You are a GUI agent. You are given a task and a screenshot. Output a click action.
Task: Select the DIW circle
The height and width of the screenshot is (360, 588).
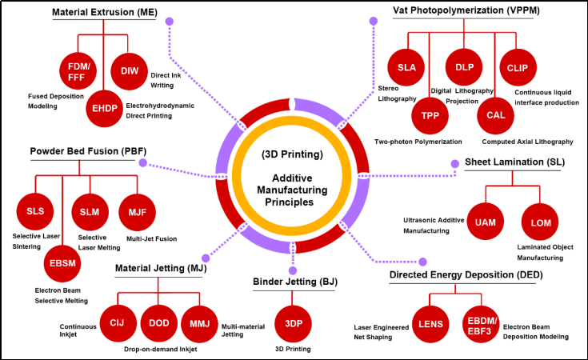tap(130, 71)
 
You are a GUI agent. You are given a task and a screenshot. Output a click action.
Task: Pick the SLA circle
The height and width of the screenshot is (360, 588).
tap(405, 68)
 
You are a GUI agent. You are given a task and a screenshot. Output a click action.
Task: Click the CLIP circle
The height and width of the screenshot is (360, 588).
tap(517, 68)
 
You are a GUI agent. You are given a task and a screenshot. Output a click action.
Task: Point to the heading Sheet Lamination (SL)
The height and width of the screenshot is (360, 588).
tap(516, 162)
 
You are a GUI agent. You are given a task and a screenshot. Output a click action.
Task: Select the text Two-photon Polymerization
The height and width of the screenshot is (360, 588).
tap(418, 142)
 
